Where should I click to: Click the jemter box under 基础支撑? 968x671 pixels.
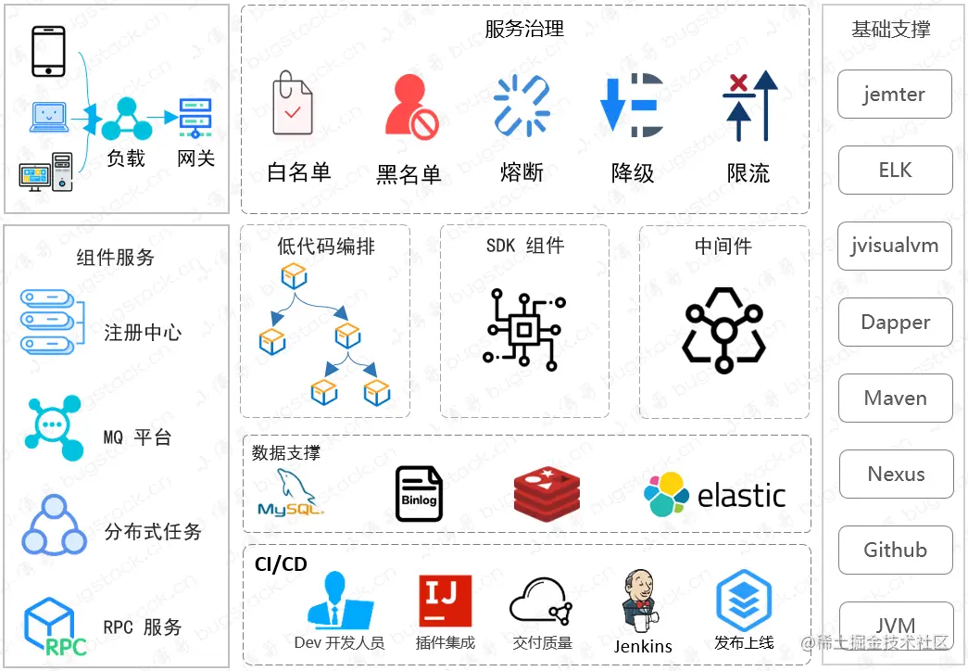(x=894, y=95)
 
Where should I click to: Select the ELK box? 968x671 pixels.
(x=895, y=171)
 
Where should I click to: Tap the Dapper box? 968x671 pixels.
(x=895, y=323)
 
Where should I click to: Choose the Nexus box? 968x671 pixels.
(x=896, y=475)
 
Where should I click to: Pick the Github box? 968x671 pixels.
(x=895, y=551)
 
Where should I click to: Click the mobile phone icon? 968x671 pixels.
(x=48, y=51)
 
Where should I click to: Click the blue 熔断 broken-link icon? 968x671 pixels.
(x=522, y=106)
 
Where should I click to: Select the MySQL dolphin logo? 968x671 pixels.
(x=289, y=493)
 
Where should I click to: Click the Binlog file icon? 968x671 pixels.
(x=419, y=494)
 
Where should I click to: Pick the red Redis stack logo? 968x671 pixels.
(x=547, y=494)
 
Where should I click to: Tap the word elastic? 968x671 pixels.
(x=741, y=496)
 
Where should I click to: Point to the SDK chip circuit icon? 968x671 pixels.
(x=524, y=328)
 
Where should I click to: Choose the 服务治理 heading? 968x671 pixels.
(x=524, y=29)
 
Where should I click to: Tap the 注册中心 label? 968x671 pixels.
(x=143, y=332)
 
